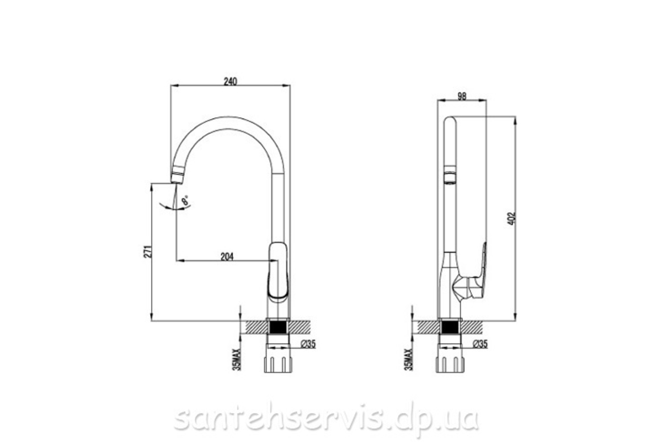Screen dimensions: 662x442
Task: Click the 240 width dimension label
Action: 230,81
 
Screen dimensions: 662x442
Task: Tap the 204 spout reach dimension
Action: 227,257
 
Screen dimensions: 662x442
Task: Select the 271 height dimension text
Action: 148,251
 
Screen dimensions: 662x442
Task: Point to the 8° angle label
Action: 185,201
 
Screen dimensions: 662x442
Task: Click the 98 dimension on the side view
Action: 462,97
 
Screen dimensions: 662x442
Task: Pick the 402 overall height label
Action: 511,218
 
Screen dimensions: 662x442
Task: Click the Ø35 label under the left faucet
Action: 308,344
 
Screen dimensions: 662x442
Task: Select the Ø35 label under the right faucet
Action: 480,344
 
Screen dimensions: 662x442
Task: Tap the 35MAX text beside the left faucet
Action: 237,360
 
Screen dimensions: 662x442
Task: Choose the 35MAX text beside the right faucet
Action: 408,360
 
